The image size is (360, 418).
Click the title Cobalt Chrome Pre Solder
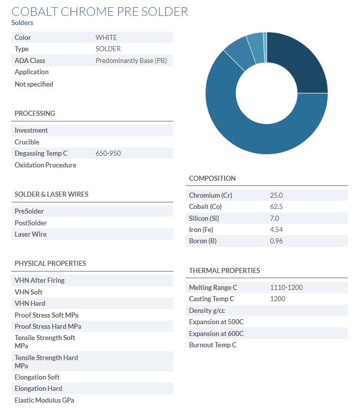click(99, 11)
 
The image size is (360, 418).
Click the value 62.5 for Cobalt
click(276, 206)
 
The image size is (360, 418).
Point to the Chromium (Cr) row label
click(210, 195)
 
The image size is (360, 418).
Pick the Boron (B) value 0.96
click(276, 241)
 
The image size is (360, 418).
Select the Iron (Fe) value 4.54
click(276, 229)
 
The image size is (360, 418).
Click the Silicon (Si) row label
click(204, 218)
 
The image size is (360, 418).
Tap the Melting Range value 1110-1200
click(286, 287)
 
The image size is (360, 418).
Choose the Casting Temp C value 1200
click(277, 299)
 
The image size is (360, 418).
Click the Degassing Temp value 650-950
click(108, 153)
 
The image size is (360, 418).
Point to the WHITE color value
click(106, 37)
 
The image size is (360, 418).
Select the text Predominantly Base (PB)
click(131, 60)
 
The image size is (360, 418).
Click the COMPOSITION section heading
click(212, 178)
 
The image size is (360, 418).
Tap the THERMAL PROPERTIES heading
click(224, 270)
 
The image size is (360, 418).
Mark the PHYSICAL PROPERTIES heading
click(50, 263)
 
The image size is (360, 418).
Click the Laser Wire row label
click(30, 234)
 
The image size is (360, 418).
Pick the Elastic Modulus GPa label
click(44, 400)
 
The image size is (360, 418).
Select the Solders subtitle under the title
click(22, 23)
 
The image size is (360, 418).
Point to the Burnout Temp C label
click(212, 345)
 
